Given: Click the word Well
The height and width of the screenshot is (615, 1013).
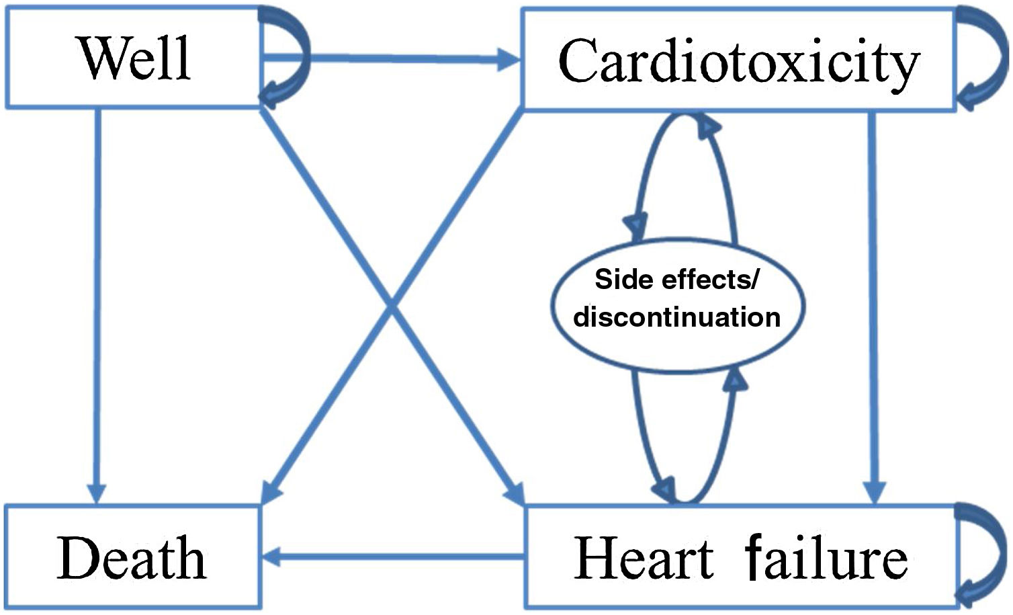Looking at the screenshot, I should [x=135, y=58].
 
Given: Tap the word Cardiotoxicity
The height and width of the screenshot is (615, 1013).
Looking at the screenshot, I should [x=738, y=62].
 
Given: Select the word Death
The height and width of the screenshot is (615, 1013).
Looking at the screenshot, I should [x=132, y=559].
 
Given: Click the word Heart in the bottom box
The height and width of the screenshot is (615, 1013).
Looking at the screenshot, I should [x=644, y=559].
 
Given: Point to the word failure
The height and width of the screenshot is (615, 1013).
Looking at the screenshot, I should [x=826, y=559].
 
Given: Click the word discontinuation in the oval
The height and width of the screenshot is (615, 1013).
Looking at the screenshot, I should [x=676, y=317].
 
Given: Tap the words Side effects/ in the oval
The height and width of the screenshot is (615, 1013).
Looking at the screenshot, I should [x=676, y=279].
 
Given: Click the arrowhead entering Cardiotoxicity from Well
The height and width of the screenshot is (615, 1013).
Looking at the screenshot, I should [x=509, y=60].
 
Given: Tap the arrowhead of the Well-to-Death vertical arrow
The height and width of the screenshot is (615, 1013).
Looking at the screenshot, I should [x=97, y=493].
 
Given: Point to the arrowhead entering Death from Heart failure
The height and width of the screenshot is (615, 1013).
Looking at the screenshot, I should [x=272, y=557].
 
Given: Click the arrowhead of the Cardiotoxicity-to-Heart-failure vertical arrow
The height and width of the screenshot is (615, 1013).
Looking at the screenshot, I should [x=874, y=493].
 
